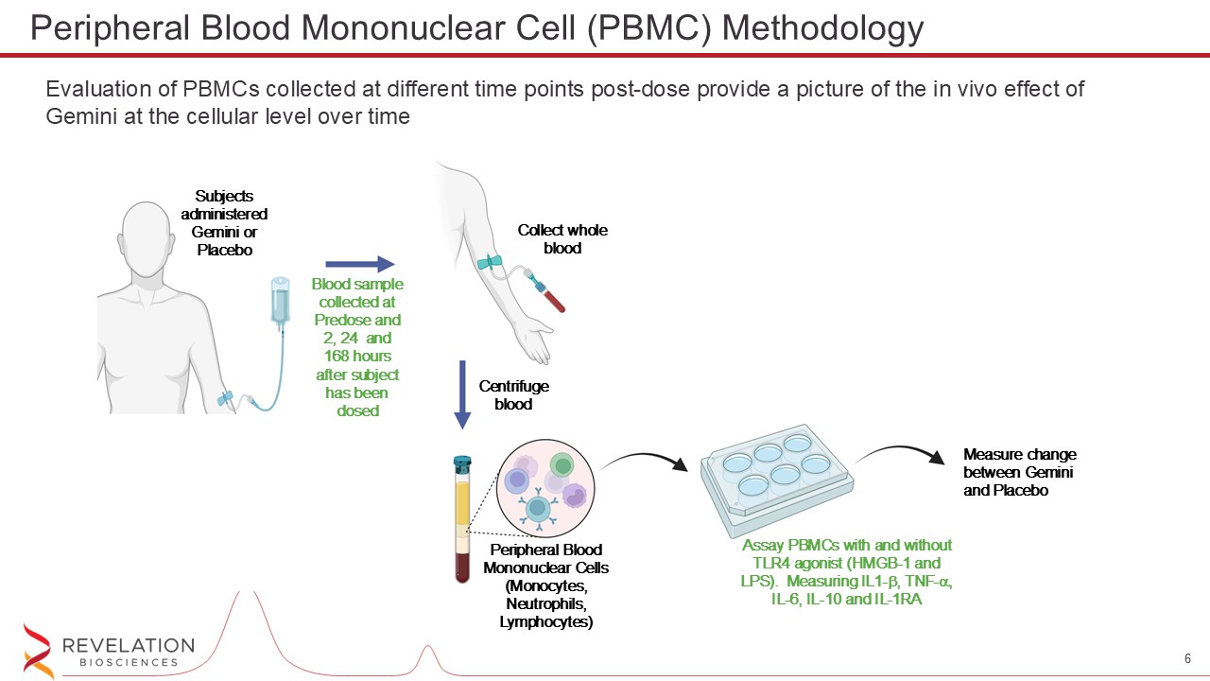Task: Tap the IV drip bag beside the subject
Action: click(280, 302)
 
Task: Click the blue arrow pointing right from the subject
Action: click(359, 265)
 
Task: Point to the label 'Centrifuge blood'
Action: click(513, 395)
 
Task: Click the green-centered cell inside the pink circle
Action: click(562, 465)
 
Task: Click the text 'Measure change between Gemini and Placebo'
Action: click(1019, 472)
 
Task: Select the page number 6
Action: click(1186, 658)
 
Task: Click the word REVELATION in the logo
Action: click(128, 646)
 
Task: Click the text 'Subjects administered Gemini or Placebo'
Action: click(225, 223)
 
